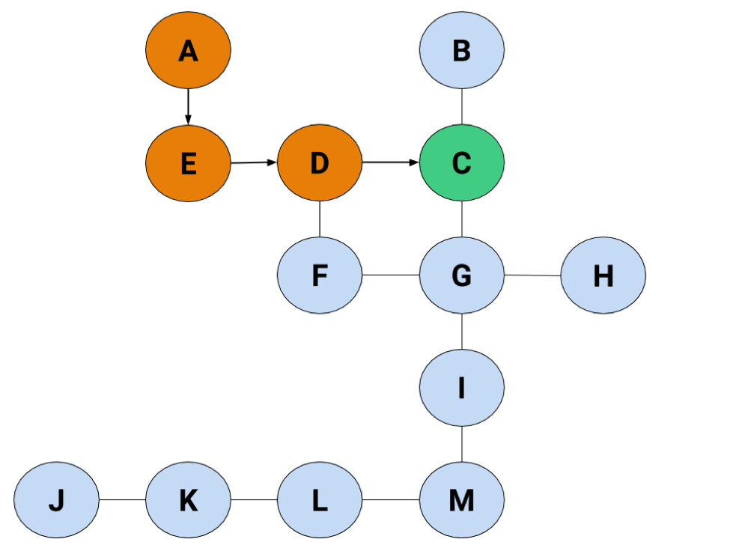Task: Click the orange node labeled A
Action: (188, 50)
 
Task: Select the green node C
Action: (462, 162)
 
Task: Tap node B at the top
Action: (462, 50)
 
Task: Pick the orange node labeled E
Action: (188, 163)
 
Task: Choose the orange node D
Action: (320, 162)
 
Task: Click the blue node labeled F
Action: (320, 275)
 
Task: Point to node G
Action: (462, 275)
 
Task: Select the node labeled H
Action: (603, 275)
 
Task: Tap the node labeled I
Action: (462, 388)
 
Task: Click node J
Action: (56, 500)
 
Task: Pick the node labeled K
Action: (188, 500)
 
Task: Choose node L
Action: (320, 500)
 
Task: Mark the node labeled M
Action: (462, 500)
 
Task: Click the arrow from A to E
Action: (188, 106)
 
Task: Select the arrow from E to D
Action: (254, 162)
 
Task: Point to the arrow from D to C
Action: (391, 162)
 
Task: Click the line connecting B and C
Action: (462, 106)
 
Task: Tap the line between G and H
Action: (532, 275)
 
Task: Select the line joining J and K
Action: (123, 500)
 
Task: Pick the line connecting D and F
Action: (320, 219)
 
